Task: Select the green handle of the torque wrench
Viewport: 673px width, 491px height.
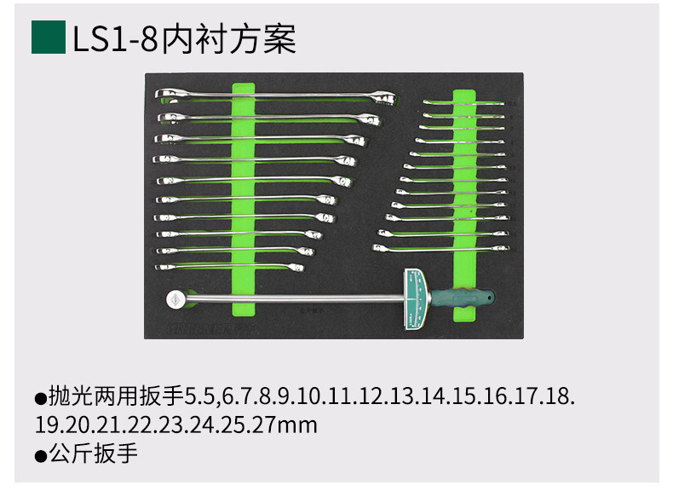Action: click(464, 297)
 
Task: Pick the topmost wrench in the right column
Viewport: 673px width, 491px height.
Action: click(464, 103)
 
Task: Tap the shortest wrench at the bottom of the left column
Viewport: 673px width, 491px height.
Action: click(230, 267)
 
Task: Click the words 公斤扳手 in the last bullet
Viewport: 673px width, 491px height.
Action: click(94, 453)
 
